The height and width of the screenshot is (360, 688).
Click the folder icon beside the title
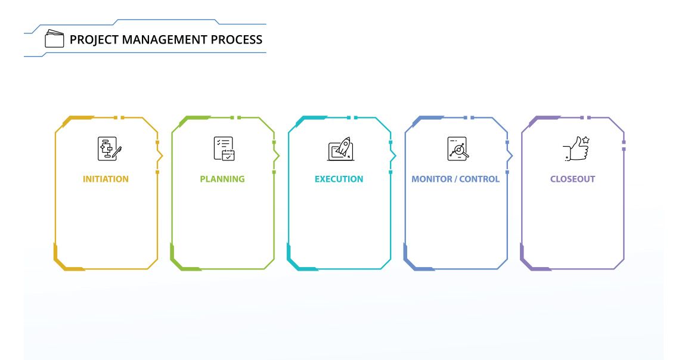click(54, 39)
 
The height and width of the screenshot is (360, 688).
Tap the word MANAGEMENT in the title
click(165, 40)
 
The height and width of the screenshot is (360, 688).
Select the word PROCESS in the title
click(237, 40)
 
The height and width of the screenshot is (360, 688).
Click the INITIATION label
click(106, 179)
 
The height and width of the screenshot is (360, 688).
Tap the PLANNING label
click(222, 179)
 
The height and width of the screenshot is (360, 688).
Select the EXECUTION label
click(339, 179)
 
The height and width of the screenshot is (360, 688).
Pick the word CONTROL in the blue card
click(479, 179)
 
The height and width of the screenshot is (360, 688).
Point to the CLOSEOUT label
click(572, 179)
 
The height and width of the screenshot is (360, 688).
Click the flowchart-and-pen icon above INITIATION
click(109, 148)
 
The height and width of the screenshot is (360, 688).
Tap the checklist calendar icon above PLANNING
click(224, 148)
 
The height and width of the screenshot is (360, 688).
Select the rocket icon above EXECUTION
click(341, 148)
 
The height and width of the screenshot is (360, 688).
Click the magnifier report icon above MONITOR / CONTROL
click(458, 148)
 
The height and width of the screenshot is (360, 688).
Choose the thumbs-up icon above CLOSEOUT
click(576, 148)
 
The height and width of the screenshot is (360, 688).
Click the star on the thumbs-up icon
click(585, 140)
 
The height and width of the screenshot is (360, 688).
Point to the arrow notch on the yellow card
click(160, 156)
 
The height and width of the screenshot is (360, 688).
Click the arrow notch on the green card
click(277, 156)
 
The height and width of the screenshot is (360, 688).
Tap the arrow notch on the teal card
click(393, 156)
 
